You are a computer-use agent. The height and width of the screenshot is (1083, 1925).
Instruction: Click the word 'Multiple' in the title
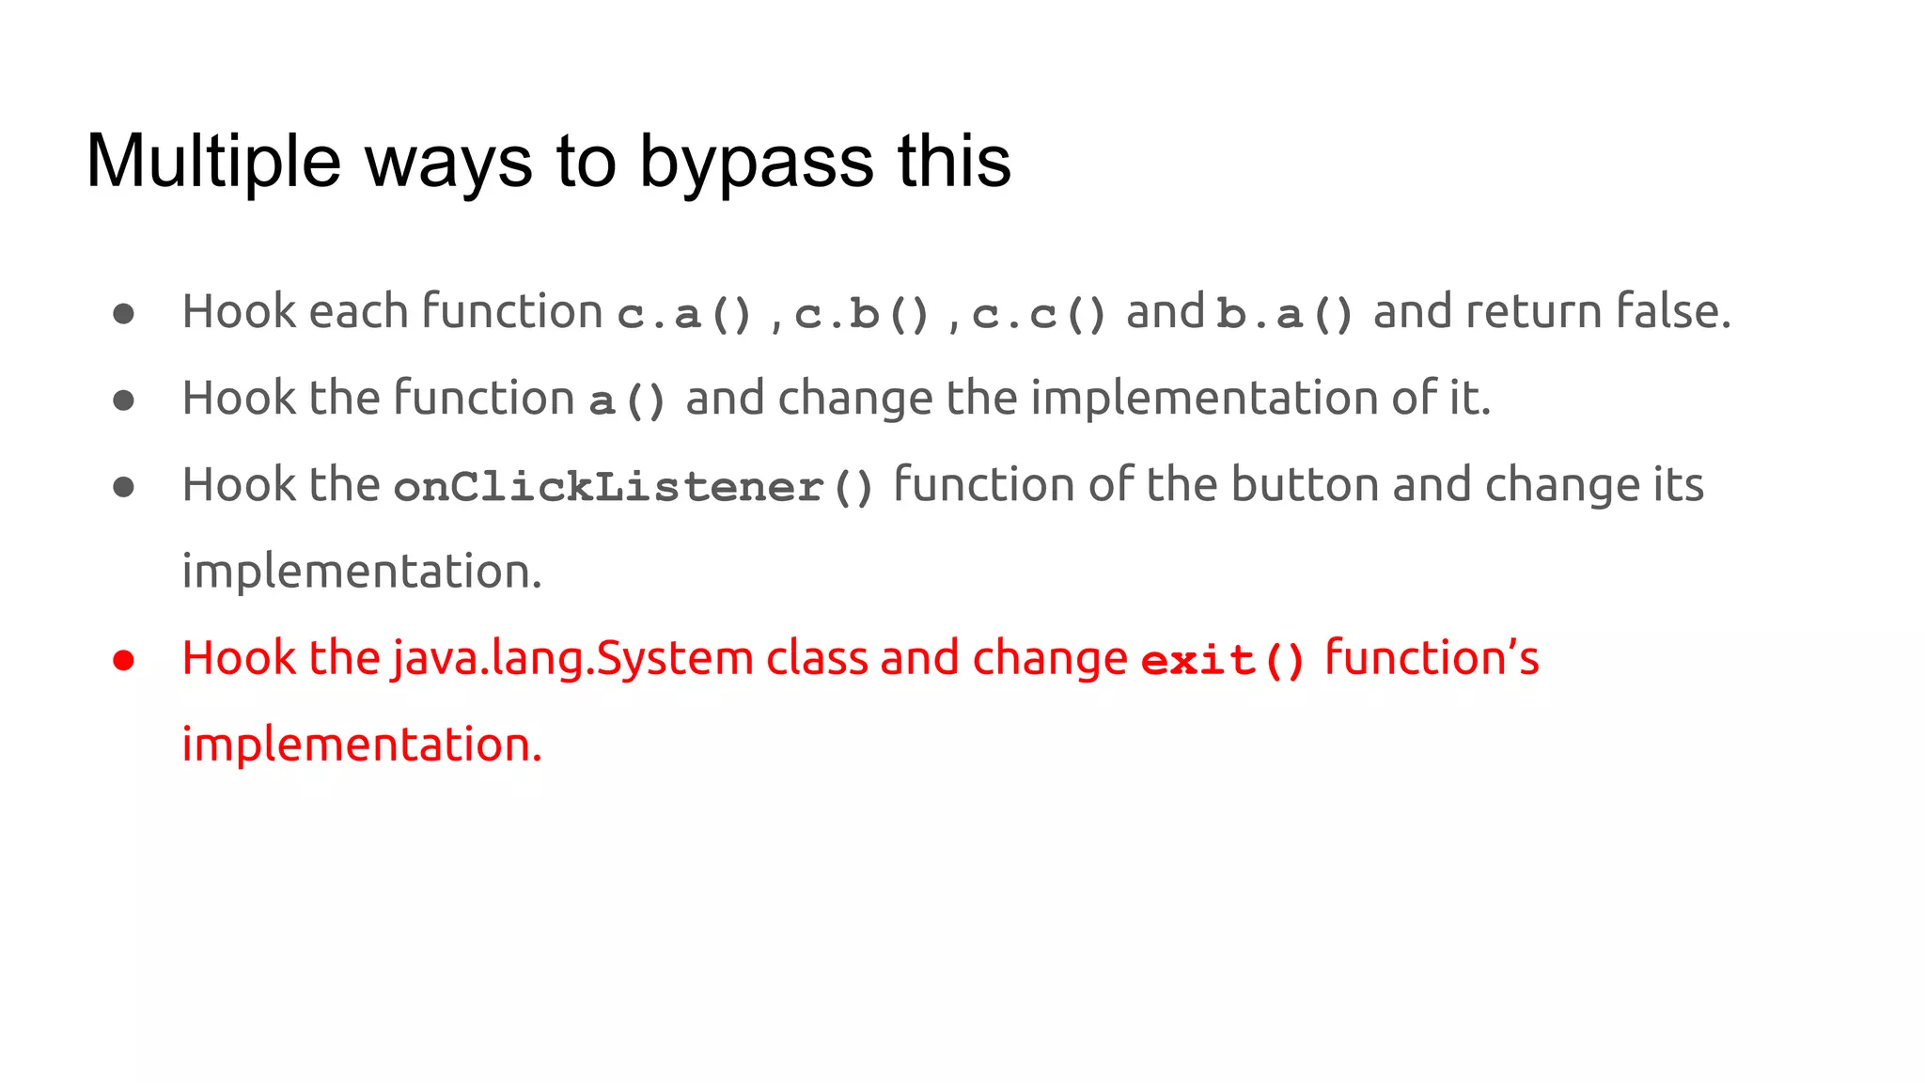pos(213,162)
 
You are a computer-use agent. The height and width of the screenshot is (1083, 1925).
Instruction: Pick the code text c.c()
pos(1039,314)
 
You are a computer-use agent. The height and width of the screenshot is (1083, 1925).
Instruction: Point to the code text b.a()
pos(1285,314)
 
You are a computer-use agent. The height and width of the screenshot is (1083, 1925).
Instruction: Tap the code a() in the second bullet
pos(628,400)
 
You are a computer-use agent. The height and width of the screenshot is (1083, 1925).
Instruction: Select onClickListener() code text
pos(634,487)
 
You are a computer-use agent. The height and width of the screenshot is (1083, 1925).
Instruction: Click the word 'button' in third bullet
pos(1306,485)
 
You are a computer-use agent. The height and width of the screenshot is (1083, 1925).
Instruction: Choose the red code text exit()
pos(1223,660)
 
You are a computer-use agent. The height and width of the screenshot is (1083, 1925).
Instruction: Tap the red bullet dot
pos(123,660)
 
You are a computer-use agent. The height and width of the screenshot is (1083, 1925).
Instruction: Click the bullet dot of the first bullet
pos(123,313)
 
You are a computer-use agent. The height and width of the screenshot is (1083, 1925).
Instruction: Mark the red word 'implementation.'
pos(362,745)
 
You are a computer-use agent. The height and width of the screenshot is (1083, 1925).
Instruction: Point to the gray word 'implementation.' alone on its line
pos(362,572)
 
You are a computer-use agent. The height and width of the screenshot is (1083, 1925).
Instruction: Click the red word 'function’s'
pos(1432,658)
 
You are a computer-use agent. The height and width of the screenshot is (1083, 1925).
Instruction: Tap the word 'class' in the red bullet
pos(817,658)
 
